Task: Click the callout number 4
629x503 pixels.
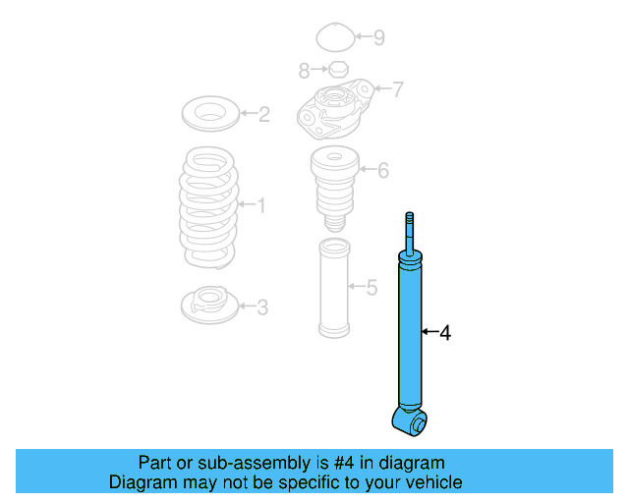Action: coord(445,334)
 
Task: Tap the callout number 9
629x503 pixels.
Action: coord(378,38)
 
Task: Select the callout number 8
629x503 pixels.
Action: coord(304,70)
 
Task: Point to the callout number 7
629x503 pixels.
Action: coord(397,90)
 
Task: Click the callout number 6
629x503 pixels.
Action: coord(382,171)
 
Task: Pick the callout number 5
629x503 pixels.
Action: coord(371,288)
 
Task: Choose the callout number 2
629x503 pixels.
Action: coord(263,115)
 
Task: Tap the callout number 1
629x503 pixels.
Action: coord(260,205)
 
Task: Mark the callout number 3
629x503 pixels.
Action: coord(261,307)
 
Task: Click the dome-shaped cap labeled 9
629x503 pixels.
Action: coord(335,39)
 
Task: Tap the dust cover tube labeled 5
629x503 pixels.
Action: coord(332,288)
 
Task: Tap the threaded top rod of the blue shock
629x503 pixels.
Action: coord(408,231)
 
